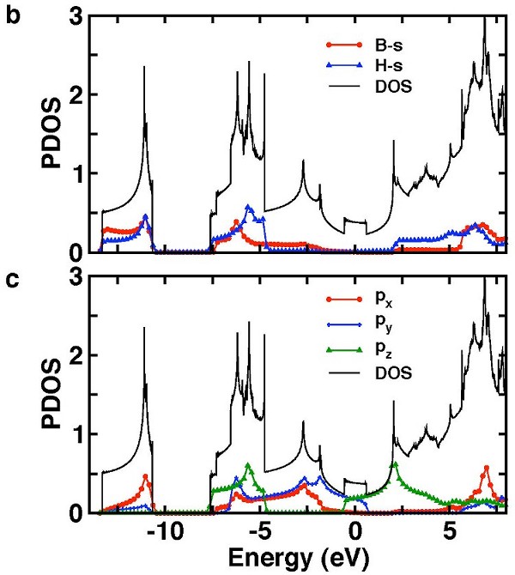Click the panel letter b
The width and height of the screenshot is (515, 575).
[x=12, y=15]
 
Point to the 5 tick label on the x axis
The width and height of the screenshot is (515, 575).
[x=449, y=530]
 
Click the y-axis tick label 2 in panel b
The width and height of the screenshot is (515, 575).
[x=76, y=94]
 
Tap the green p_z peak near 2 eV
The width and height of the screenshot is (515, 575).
[x=395, y=464]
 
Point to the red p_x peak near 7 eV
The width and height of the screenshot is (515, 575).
[x=487, y=468]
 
